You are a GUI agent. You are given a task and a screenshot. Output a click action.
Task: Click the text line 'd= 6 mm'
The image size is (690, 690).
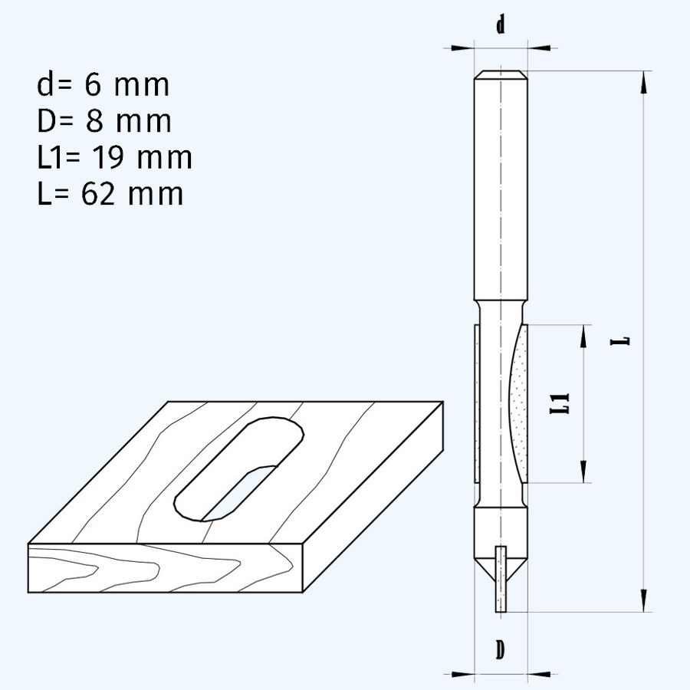point(103,85)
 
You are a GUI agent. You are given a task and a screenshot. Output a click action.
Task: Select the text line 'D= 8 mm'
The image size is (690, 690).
point(103,121)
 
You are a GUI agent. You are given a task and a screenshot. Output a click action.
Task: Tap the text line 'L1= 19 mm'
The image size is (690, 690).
point(114,157)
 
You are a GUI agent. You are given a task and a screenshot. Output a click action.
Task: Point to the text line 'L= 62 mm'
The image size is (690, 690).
point(110,193)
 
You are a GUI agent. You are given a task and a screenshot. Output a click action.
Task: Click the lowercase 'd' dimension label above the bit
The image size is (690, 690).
point(500,25)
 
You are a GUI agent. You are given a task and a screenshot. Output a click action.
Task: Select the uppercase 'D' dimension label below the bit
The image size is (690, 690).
point(500,650)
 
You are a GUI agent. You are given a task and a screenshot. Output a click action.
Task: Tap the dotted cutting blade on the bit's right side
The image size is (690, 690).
point(520,402)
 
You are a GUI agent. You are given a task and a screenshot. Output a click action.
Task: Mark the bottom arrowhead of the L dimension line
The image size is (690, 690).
point(643,600)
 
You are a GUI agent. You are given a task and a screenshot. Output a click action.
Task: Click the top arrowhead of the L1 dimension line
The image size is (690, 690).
point(585,336)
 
